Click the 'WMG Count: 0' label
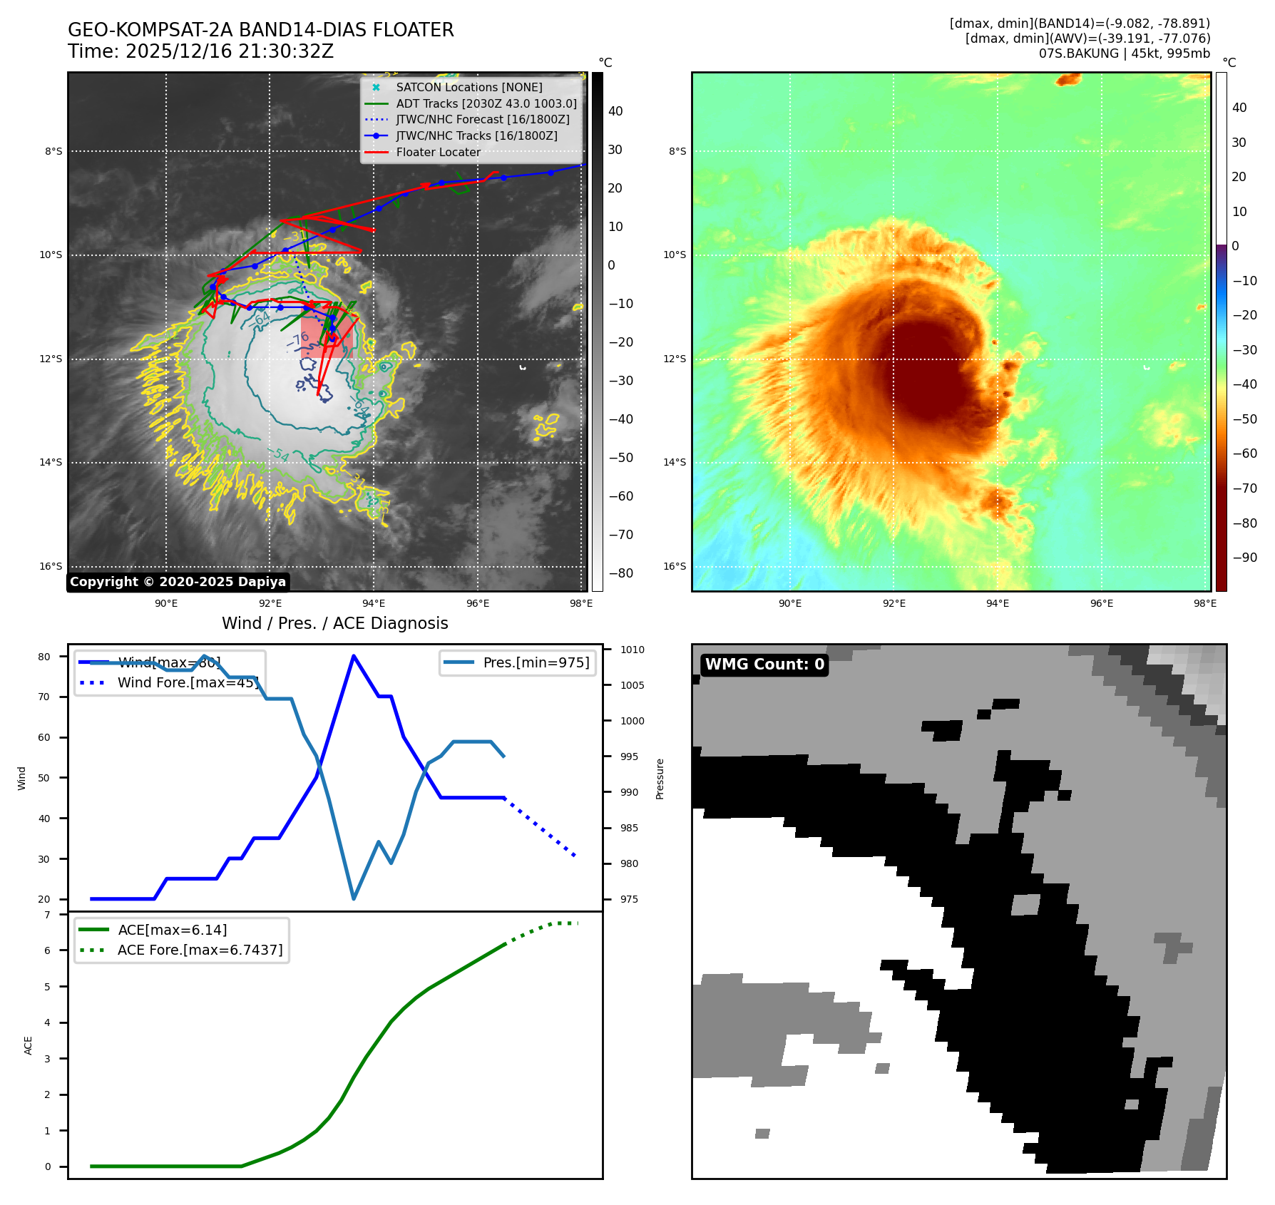pos(764,665)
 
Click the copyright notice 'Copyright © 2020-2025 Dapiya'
pos(178,582)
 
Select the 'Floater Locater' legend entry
pos(438,152)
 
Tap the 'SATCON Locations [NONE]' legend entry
pos(468,87)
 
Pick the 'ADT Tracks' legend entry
pos(486,103)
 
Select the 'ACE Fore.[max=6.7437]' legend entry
pos(200,950)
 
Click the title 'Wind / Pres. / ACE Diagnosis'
pos(334,623)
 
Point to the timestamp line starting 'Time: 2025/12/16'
pos(200,51)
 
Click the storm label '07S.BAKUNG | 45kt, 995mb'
pos(1124,53)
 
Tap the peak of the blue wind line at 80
pos(354,656)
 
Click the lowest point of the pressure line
pos(354,898)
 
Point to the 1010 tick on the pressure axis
pos(632,650)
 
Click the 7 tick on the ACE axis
pos(48,915)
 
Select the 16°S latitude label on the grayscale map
pos(51,566)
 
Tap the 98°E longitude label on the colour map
pos(1205,603)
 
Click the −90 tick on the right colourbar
pos(1244,558)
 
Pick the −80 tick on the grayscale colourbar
pos(620,573)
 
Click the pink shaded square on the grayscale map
pos(327,337)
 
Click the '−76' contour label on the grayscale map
pos(299,341)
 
